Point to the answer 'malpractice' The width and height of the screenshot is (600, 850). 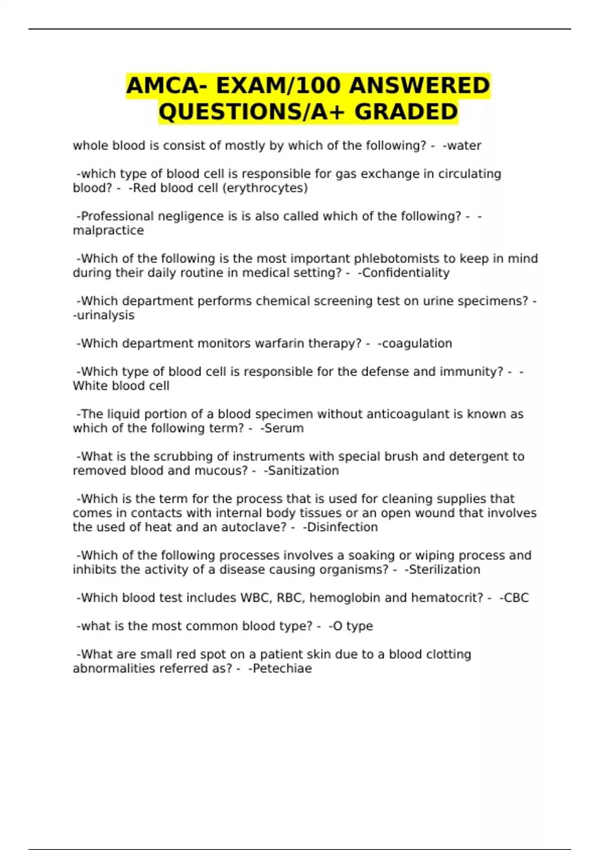click(x=108, y=230)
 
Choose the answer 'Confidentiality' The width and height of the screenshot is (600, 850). click(x=405, y=273)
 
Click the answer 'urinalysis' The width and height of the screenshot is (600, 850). click(x=105, y=315)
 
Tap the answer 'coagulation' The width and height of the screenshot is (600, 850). click(x=416, y=343)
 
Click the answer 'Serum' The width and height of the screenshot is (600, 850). click(x=284, y=428)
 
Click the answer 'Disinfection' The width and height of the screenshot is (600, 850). click(x=342, y=527)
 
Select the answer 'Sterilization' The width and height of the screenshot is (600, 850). click(x=444, y=569)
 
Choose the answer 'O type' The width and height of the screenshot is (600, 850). click(x=352, y=626)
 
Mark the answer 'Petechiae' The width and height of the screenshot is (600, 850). click(x=282, y=668)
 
